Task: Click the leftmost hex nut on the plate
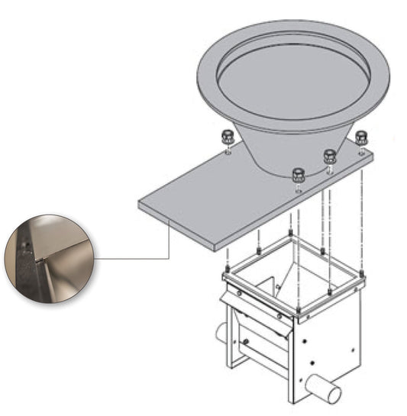coord(226,137)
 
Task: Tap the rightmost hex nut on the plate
coord(361,138)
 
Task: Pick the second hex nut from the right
coord(330,156)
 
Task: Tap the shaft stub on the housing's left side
coord(221,333)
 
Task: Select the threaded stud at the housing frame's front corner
coord(296,308)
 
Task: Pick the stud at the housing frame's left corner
coord(227,270)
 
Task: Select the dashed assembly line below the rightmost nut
coord(361,221)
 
